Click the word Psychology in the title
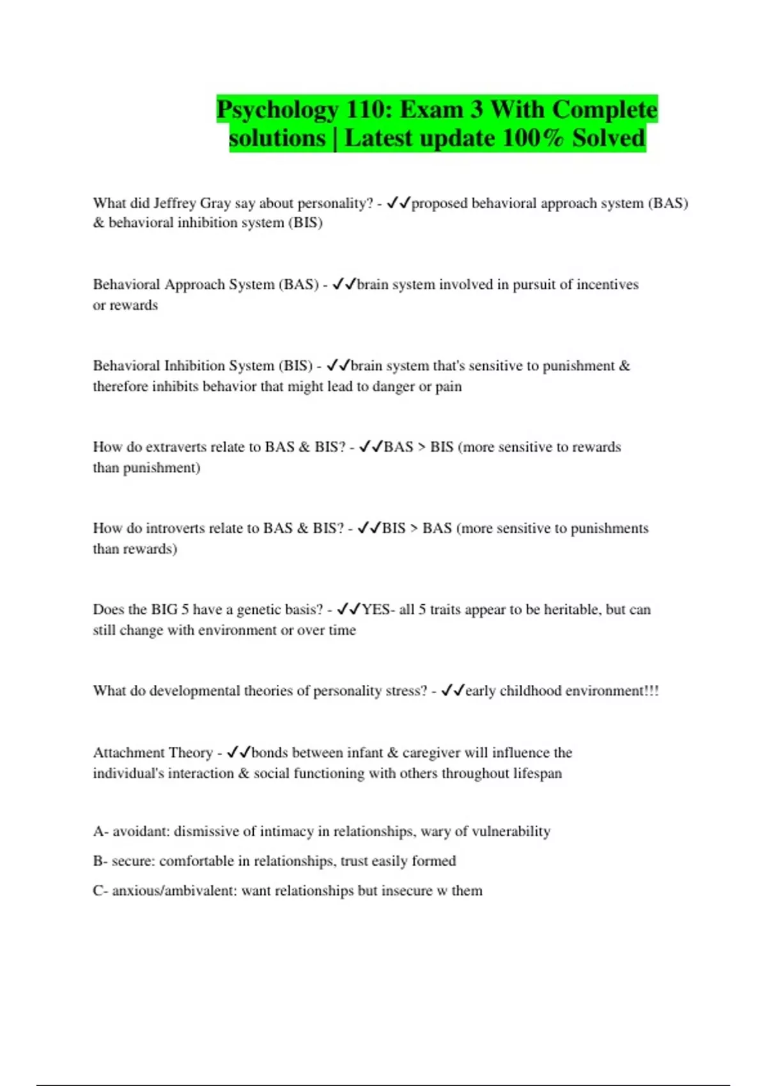tap(277, 110)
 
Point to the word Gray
tap(215, 203)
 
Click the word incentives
tap(607, 284)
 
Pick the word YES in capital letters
tap(376, 609)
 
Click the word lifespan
tap(537, 774)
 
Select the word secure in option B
tap(133, 861)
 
